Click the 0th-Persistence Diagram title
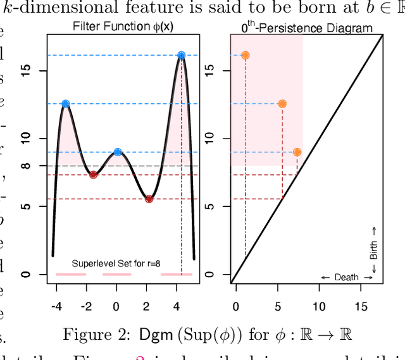coord(307,28)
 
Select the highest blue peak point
coord(182,56)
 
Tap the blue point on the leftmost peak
coord(65,104)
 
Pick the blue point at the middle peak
coord(118,152)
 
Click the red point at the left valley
coord(93,175)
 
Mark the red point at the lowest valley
coord(149,199)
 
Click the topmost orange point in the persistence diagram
coord(245,56)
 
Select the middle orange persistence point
coord(282,104)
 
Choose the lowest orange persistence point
coord(297,152)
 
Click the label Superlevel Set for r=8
coord(116,263)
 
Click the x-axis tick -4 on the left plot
coord(56,307)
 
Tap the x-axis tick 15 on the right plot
coord(360,307)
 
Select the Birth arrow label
coord(374,249)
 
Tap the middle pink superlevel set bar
coord(116,275)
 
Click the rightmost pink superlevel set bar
coord(176,275)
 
